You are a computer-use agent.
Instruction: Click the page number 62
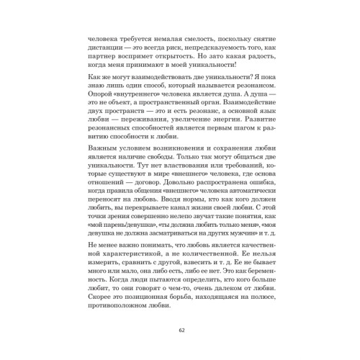click(x=181, y=330)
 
